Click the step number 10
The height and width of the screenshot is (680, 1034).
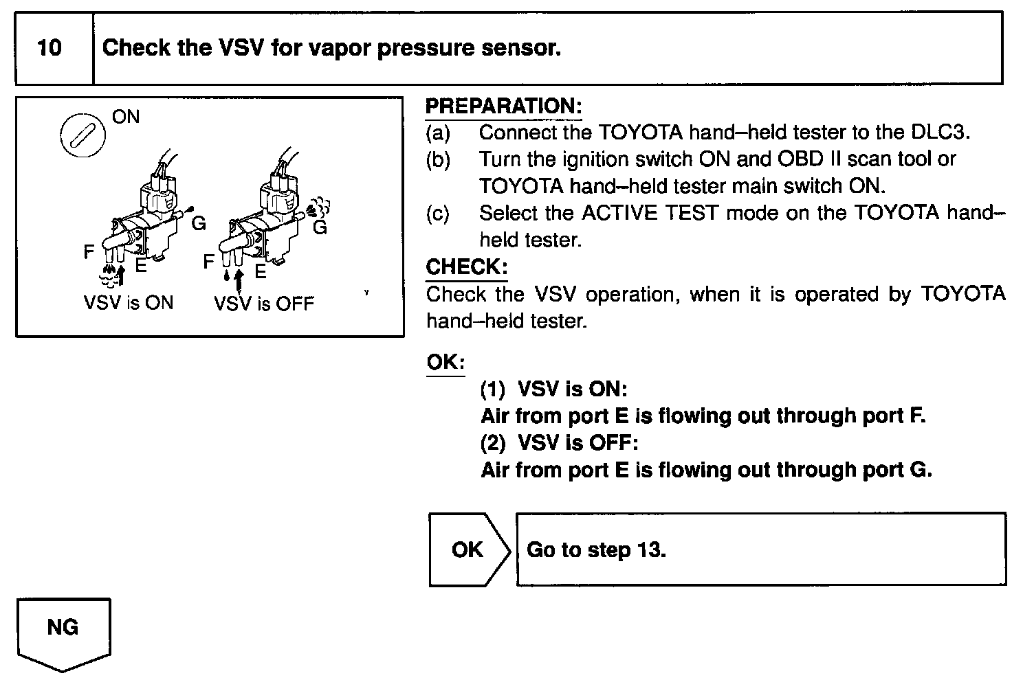49,48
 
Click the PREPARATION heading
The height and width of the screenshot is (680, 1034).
503,106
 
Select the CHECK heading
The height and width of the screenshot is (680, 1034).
466,267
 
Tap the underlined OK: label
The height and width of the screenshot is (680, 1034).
445,362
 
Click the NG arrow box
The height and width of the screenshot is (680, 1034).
63,631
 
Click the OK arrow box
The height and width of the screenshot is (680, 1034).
468,549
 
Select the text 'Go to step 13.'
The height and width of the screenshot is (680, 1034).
596,550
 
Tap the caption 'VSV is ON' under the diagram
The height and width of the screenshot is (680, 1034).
129,303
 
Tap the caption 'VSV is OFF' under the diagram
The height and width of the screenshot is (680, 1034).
264,303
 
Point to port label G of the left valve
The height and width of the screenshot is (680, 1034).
199,223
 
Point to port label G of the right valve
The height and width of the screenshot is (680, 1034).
320,227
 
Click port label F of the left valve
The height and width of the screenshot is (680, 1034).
89,252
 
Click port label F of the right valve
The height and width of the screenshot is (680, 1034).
209,262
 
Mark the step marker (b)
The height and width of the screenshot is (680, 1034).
438,159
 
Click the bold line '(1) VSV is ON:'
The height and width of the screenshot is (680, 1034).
553,389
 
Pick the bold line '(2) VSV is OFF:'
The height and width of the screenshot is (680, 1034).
559,443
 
